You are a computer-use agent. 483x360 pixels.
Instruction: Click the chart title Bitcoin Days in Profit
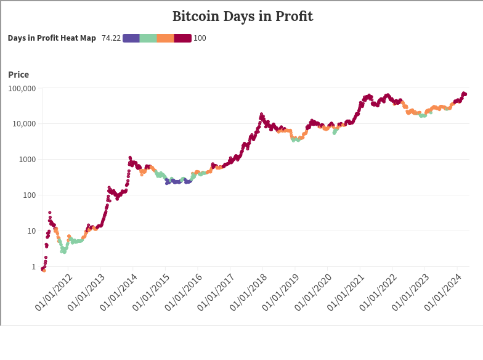[242, 17]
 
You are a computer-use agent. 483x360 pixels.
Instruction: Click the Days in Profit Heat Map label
[52, 38]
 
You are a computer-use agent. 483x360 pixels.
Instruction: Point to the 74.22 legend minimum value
[111, 38]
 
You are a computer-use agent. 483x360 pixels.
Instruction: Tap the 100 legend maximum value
[200, 38]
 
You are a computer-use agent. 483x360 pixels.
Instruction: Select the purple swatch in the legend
[131, 38]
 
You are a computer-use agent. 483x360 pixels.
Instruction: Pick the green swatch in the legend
[148, 38]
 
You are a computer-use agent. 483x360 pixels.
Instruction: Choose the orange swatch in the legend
[166, 38]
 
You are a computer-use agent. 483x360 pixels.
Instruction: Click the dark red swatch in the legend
[183, 38]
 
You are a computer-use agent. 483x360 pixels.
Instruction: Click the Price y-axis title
[18, 75]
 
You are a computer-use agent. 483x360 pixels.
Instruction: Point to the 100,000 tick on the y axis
[22, 88]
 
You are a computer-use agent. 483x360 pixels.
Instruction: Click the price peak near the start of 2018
[261, 114]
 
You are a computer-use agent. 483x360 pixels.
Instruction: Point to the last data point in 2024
[465, 94]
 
